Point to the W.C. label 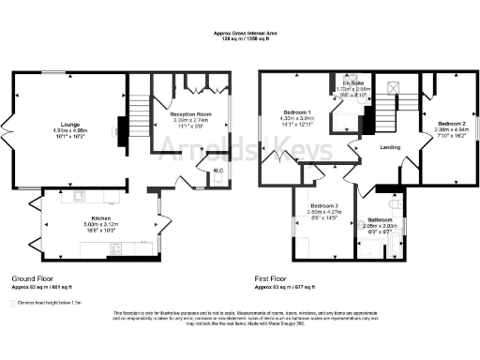click(217, 170)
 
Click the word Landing click(390, 147)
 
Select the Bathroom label click(380, 217)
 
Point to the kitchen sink click(80, 197)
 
